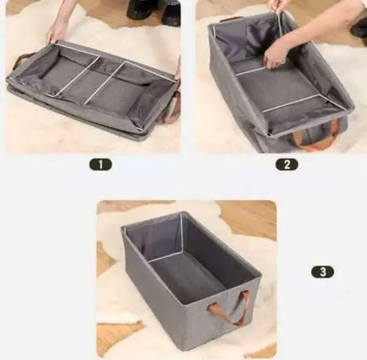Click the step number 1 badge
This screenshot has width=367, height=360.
(x=101, y=164)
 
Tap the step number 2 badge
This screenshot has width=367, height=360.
(x=287, y=164)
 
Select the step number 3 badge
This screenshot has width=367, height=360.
(x=323, y=271)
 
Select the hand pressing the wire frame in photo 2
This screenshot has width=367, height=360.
(x=276, y=54)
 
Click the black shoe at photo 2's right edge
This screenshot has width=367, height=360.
(x=359, y=28)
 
